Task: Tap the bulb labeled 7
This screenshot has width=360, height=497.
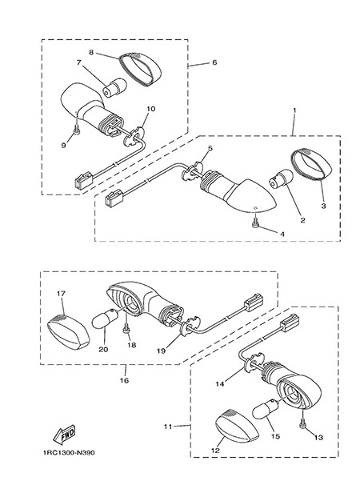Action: [x=114, y=87]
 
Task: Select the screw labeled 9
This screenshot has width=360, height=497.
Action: [x=77, y=130]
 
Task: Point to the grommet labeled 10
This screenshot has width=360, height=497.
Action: [x=134, y=137]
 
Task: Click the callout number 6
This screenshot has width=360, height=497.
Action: [x=214, y=62]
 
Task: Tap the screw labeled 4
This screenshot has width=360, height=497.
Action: [x=255, y=223]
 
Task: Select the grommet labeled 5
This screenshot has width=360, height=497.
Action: [x=193, y=171]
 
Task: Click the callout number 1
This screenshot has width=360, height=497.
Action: [x=294, y=110]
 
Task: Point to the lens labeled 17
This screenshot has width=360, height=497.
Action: [x=68, y=332]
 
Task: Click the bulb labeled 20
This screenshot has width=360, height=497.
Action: [x=105, y=319]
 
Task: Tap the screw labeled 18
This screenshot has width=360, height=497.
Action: [x=126, y=330]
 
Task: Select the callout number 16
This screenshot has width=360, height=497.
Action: [x=124, y=380]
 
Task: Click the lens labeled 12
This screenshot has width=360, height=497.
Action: [x=238, y=426]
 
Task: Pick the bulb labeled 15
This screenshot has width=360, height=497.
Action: [x=266, y=410]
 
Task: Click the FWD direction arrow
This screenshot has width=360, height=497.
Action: [x=64, y=435]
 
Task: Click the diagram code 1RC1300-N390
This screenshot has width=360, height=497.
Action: [x=69, y=452]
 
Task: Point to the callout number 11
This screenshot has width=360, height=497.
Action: [x=168, y=427]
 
